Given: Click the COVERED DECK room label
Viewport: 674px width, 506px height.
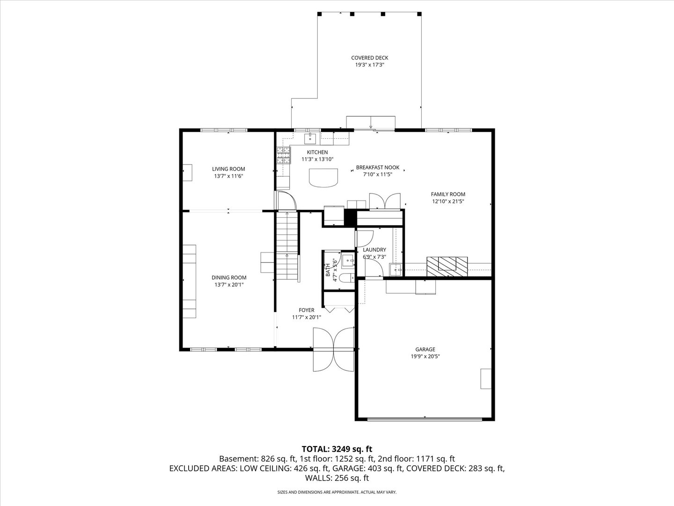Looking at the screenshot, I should [369, 58].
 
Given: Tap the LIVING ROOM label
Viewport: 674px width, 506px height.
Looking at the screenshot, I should [228, 169].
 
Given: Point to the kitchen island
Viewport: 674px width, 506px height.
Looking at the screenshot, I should [323, 177].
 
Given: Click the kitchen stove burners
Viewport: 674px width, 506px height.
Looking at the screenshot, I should [283, 155].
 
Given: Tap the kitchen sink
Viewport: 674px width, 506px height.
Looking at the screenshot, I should [310, 138].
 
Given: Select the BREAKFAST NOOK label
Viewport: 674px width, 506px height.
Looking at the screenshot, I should [377, 167].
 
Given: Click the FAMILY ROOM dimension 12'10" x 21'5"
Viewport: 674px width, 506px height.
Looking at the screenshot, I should [448, 201].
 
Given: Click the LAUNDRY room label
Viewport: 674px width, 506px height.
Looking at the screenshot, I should [374, 250].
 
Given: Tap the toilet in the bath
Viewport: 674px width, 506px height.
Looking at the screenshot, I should [346, 278].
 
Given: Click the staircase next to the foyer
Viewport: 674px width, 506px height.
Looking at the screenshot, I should [286, 246].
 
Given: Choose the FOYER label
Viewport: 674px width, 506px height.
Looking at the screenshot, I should [307, 310].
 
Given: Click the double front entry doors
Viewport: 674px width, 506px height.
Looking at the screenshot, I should [334, 349].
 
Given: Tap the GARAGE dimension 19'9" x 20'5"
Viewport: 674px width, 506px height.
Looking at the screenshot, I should [425, 356].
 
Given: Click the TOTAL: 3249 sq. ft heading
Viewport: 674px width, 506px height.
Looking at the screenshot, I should [337, 449].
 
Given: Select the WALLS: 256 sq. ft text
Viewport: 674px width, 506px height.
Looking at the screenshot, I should [337, 478].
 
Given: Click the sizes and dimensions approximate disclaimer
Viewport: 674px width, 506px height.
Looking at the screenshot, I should [337, 492].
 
